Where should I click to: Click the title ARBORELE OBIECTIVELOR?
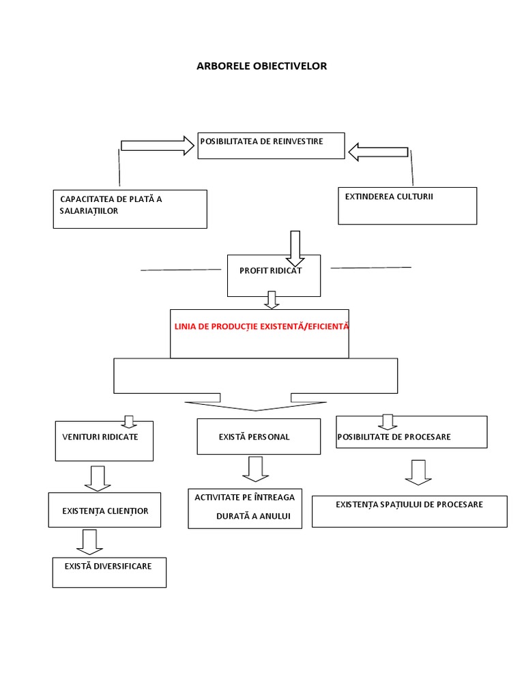262,66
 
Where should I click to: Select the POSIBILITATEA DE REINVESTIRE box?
271,145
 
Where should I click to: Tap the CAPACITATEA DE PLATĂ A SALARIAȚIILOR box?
130,209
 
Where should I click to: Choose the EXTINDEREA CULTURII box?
407,205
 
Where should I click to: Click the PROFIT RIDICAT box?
273,276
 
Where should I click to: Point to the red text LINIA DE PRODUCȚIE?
261,327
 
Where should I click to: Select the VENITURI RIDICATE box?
104,441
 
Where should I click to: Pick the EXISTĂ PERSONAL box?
259,436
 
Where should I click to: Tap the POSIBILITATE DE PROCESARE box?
411,432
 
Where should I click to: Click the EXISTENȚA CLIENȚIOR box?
105,510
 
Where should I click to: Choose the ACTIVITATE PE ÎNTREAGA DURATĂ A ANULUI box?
245,508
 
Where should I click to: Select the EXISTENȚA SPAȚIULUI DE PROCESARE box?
409,511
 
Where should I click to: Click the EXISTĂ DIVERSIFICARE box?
109,572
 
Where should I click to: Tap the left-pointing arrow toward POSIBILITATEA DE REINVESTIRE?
379,152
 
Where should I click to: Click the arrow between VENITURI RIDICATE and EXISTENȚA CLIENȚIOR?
98,479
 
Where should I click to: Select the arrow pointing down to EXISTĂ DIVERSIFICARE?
89,542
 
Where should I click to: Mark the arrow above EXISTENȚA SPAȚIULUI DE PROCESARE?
418,472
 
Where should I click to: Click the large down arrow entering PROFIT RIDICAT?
295,248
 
